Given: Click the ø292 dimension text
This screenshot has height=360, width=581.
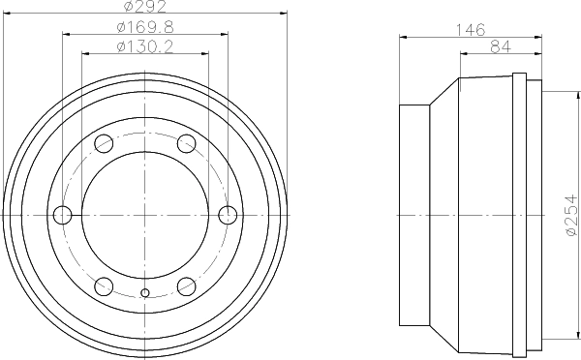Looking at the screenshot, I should click(145, 8).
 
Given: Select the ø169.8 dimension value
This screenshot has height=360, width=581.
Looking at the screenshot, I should click(145, 26).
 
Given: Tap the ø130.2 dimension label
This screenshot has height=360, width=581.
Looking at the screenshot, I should click(145, 45).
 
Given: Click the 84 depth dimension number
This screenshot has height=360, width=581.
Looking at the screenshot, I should click(501, 47).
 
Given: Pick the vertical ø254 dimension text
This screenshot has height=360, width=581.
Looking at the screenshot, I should click(570, 214).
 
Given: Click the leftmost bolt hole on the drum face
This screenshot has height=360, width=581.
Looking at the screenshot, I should click(64, 214).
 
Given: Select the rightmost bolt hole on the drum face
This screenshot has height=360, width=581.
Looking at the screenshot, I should click(228, 214).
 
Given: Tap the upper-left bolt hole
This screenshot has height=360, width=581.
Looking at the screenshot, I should click(105, 144).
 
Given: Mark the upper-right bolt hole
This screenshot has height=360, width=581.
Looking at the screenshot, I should click(186, 144).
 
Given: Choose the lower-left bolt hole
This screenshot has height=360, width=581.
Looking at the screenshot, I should click(105, 285).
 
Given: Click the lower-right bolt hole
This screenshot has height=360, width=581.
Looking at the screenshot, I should click(186, 285).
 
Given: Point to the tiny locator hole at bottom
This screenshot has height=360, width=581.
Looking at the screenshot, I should click(145, 293).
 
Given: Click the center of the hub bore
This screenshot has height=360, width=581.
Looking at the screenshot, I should click(145, 214).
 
